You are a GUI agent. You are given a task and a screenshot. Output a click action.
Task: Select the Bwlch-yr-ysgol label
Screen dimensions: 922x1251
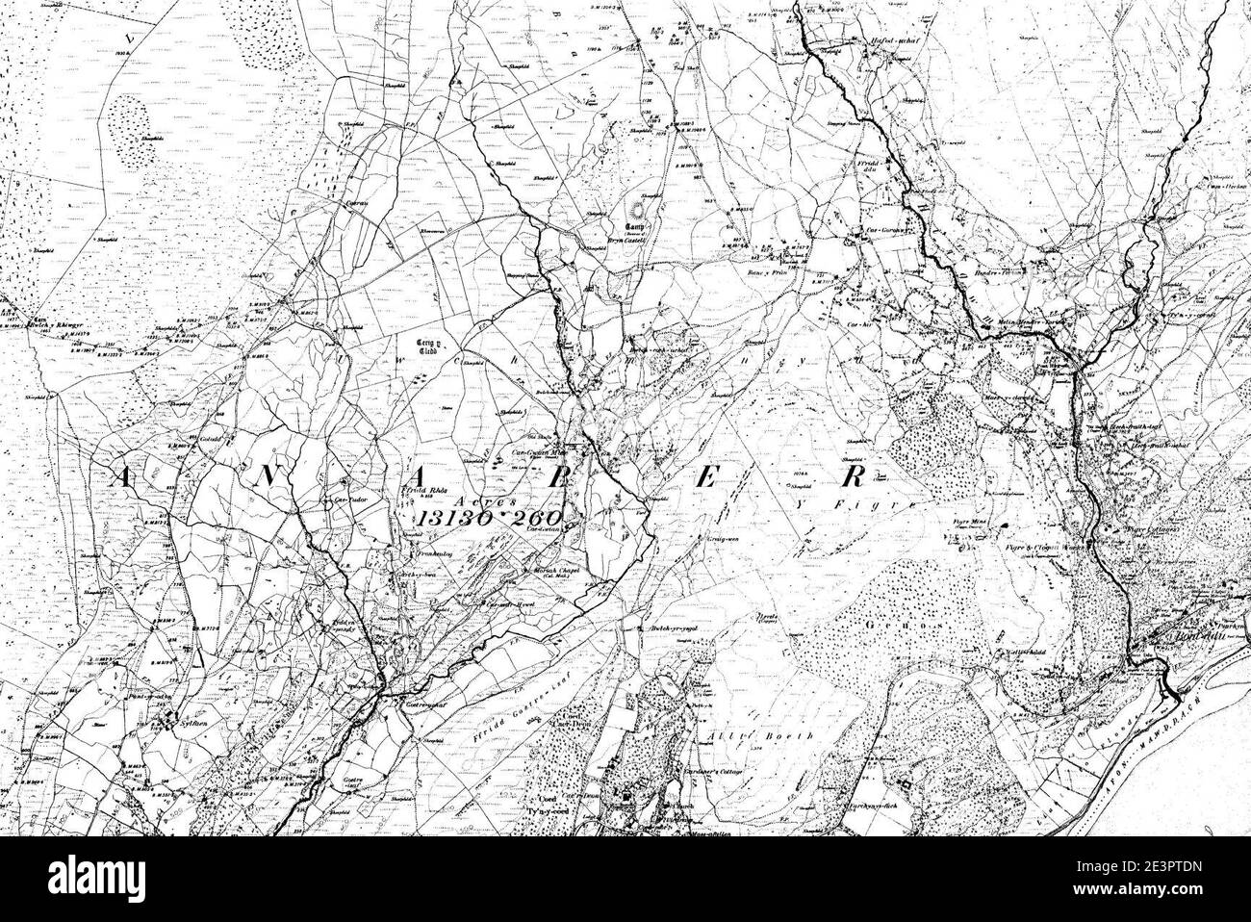point(662,628)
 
